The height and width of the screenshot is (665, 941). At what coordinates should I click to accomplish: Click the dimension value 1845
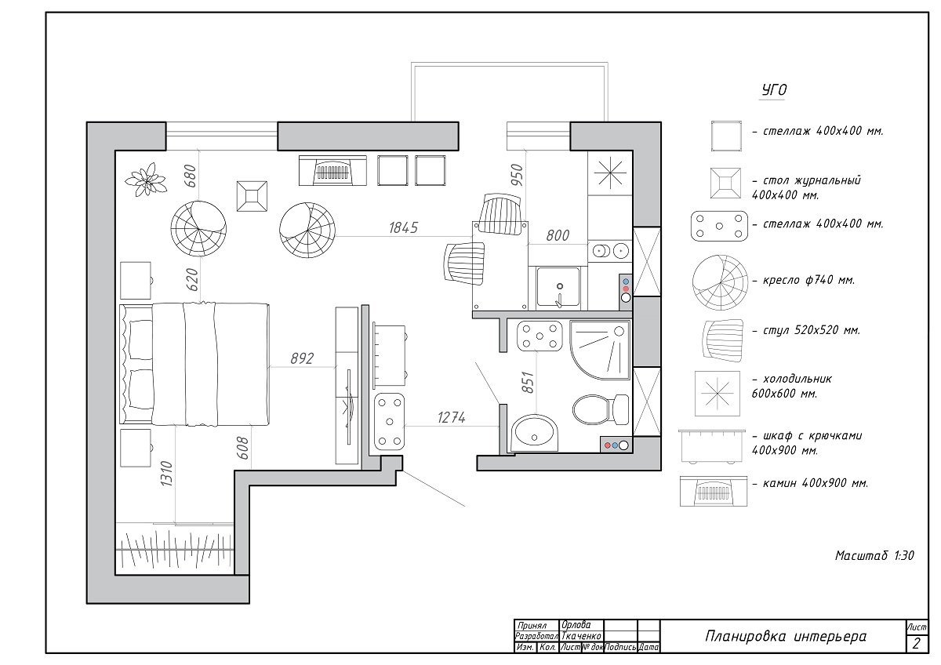click(x=403, y=227)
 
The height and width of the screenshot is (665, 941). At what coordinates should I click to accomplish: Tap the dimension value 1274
click(x=451, y=417)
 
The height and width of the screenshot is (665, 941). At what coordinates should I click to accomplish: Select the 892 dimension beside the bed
click(x=302, y=358)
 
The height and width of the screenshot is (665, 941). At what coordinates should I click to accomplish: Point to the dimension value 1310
click(x=166, y=474)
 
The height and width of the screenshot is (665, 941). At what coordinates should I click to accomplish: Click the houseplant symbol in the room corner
click(x=146, y=180)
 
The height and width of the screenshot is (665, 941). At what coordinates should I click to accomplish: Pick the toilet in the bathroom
click(x=601, y=409)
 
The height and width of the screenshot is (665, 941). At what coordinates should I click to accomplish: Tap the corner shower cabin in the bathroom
click(x=600, y=351)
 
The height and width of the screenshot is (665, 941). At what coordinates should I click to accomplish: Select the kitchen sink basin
click(x=558, y=287)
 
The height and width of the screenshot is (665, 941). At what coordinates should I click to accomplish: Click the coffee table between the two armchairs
click(x=252, y=196)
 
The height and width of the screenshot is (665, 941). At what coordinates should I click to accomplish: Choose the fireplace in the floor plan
click(x=332, y=170)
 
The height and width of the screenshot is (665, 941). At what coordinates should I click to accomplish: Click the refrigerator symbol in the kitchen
click(x=610, y=173)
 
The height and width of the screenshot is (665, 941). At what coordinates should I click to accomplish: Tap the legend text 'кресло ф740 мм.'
click(x=803, y=280)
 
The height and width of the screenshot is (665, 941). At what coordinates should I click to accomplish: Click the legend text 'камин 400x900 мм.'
click(x=810, y=483)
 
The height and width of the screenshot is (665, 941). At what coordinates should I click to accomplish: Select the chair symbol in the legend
click(x=722, y=340)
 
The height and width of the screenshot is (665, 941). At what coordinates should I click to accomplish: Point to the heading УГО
click(x=774, y=90)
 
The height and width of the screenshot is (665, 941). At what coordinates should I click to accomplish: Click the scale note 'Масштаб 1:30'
click(x=874, y=555)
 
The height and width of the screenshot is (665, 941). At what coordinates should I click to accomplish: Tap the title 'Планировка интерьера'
click(x=786, y=637)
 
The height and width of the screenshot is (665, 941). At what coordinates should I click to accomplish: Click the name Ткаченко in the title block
click(x=581, y=636)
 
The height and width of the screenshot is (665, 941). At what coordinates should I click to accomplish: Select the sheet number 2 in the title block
click(x=916, y=643)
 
